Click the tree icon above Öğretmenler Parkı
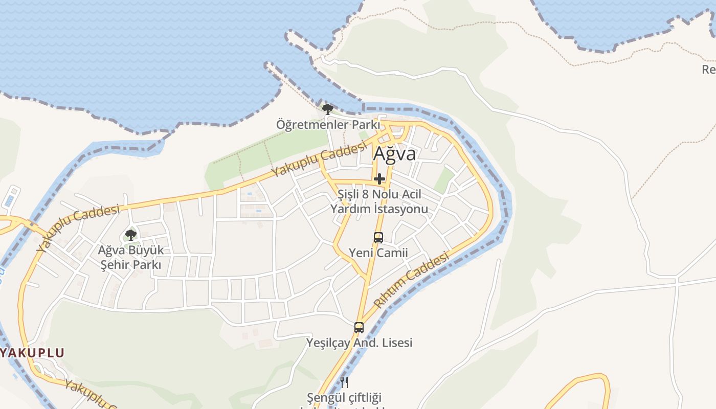point(327,109)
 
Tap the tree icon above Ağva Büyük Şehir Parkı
point(131,235)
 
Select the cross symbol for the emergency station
point(379,179)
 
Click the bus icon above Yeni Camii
point(378,238)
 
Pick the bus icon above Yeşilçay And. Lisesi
point(359,328)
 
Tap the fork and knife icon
point(344,382)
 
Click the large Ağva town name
point(394,153)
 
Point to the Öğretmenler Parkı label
point(328,124)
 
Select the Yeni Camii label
point(378,253)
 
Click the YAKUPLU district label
point(32,353)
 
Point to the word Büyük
point(146,251)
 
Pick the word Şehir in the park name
point(115,265)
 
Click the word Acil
point(411,195)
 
